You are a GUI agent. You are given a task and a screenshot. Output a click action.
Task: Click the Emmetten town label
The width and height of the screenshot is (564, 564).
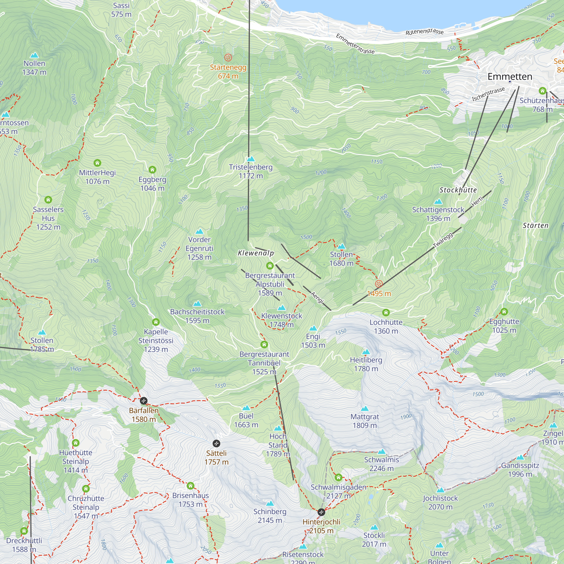click(510, 76)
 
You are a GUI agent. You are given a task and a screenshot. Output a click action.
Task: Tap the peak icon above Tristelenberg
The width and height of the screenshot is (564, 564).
click(251, 159)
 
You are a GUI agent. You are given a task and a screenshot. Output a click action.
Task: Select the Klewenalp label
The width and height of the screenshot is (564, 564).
click(256, 253)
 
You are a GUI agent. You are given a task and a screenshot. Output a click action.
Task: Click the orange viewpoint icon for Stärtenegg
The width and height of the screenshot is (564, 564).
click(228, 58)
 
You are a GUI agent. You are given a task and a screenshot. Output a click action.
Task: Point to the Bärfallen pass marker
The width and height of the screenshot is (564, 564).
click(143, 400)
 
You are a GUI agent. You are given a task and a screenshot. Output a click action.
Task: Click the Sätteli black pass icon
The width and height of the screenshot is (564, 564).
click(216, 443)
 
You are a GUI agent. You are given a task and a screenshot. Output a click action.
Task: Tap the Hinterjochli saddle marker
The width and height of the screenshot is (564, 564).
click(321, 512)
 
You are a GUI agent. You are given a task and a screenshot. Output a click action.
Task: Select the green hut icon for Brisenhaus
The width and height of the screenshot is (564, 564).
click(190, 486)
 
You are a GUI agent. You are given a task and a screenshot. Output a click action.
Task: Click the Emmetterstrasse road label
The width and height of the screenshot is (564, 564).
click(355, 44)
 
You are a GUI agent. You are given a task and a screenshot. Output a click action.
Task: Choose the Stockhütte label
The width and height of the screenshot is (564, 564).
click(458, 190)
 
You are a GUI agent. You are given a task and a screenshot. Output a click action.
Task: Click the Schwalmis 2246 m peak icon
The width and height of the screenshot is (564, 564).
click(382, 452)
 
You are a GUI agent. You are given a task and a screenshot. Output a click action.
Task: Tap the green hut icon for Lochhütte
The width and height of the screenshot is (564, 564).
click(386, 313)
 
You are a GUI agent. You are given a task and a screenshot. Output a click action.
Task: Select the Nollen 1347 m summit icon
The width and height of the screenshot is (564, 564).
click(34, 55)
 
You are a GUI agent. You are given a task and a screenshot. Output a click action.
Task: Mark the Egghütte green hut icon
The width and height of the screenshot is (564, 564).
click(504, 312)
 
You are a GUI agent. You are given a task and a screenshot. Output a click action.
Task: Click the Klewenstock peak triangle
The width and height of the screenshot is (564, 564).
click(281, 308)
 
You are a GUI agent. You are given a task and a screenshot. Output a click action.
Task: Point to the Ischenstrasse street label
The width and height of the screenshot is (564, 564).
click(488, 94)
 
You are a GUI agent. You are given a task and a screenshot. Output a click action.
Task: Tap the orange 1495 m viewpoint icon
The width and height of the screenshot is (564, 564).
click(379, 284)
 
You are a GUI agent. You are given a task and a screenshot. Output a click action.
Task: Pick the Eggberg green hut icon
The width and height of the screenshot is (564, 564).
click(152, 169)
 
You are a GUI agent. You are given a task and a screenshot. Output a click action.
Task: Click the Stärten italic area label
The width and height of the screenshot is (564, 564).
click(536, 225)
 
